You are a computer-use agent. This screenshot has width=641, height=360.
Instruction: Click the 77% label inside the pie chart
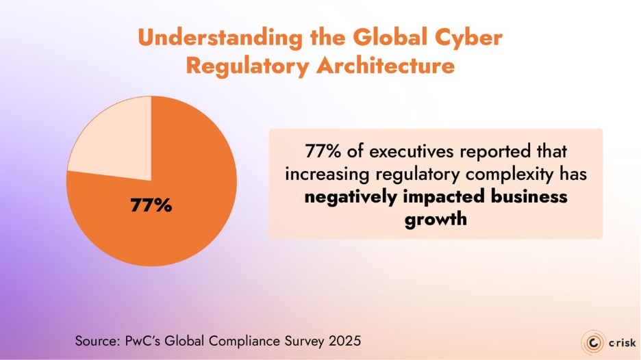(x=151, y=205)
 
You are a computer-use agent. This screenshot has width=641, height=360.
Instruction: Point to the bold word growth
(x=436, y=220)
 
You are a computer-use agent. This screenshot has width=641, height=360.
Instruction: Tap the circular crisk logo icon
(x=592, y=342)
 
